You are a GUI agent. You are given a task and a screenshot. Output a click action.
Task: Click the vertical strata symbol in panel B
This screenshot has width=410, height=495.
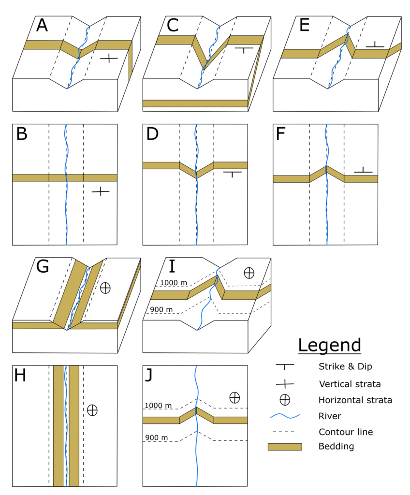100,191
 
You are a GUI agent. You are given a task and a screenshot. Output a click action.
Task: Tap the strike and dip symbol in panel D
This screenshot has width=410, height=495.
232,173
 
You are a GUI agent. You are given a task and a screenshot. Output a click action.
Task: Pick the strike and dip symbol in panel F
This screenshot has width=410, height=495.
362,170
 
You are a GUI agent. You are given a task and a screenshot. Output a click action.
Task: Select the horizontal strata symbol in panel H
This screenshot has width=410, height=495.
92,410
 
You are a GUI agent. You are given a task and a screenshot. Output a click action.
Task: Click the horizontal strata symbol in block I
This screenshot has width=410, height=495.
249,273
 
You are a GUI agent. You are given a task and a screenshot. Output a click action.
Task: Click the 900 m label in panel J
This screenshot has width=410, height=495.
155,438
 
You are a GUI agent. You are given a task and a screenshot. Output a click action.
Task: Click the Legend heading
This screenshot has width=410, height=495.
329,345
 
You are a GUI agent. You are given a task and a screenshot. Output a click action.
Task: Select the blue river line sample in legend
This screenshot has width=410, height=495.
284,415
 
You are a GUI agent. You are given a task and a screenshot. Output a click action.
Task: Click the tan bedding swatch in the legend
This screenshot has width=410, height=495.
284,446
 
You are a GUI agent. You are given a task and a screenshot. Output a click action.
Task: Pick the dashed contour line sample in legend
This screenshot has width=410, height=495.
284,431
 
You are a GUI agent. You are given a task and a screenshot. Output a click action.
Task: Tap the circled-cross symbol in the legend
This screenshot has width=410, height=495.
285,400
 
